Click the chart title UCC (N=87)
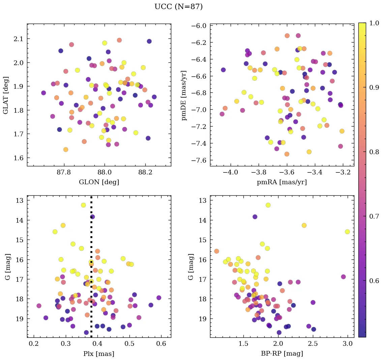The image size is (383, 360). (178, 7)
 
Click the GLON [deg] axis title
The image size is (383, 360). (99, 182)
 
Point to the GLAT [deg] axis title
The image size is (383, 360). (6, 95)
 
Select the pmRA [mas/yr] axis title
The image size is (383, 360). (282, 182)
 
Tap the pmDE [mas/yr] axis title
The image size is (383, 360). (184, 95)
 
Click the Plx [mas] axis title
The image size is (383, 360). (99, 354)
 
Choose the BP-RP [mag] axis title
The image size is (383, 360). (282, 354)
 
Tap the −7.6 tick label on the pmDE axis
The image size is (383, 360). (199, 160)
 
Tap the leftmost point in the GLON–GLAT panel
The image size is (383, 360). (43, 93)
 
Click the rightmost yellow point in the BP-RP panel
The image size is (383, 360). (347, 232)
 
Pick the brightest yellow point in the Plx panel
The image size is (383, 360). (83, 205)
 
